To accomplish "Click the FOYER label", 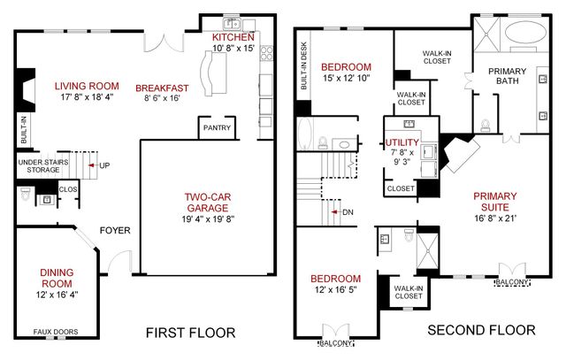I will point(115,231).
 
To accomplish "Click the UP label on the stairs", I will point(104,165).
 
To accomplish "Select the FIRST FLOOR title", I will point(190,333).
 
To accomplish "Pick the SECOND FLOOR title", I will point(481,330).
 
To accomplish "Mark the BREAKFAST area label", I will point(162,88).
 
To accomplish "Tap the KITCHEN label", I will point(233,38).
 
